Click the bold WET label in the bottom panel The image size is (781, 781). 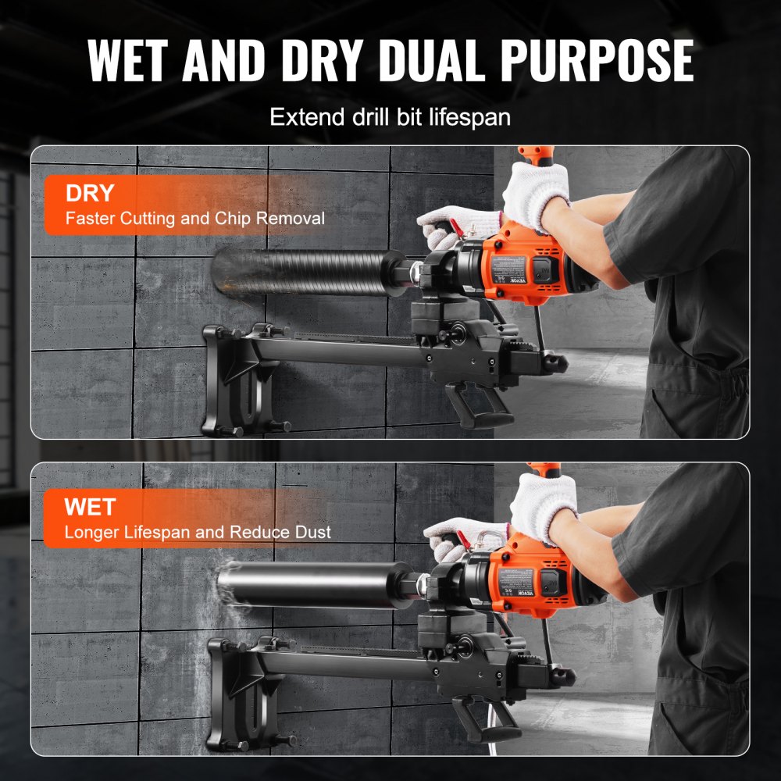coord(91,507)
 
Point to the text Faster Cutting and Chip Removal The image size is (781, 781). coord(194,219)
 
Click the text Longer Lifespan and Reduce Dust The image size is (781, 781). coord(198,533)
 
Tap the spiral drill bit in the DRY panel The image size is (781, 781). coord(305,272)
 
